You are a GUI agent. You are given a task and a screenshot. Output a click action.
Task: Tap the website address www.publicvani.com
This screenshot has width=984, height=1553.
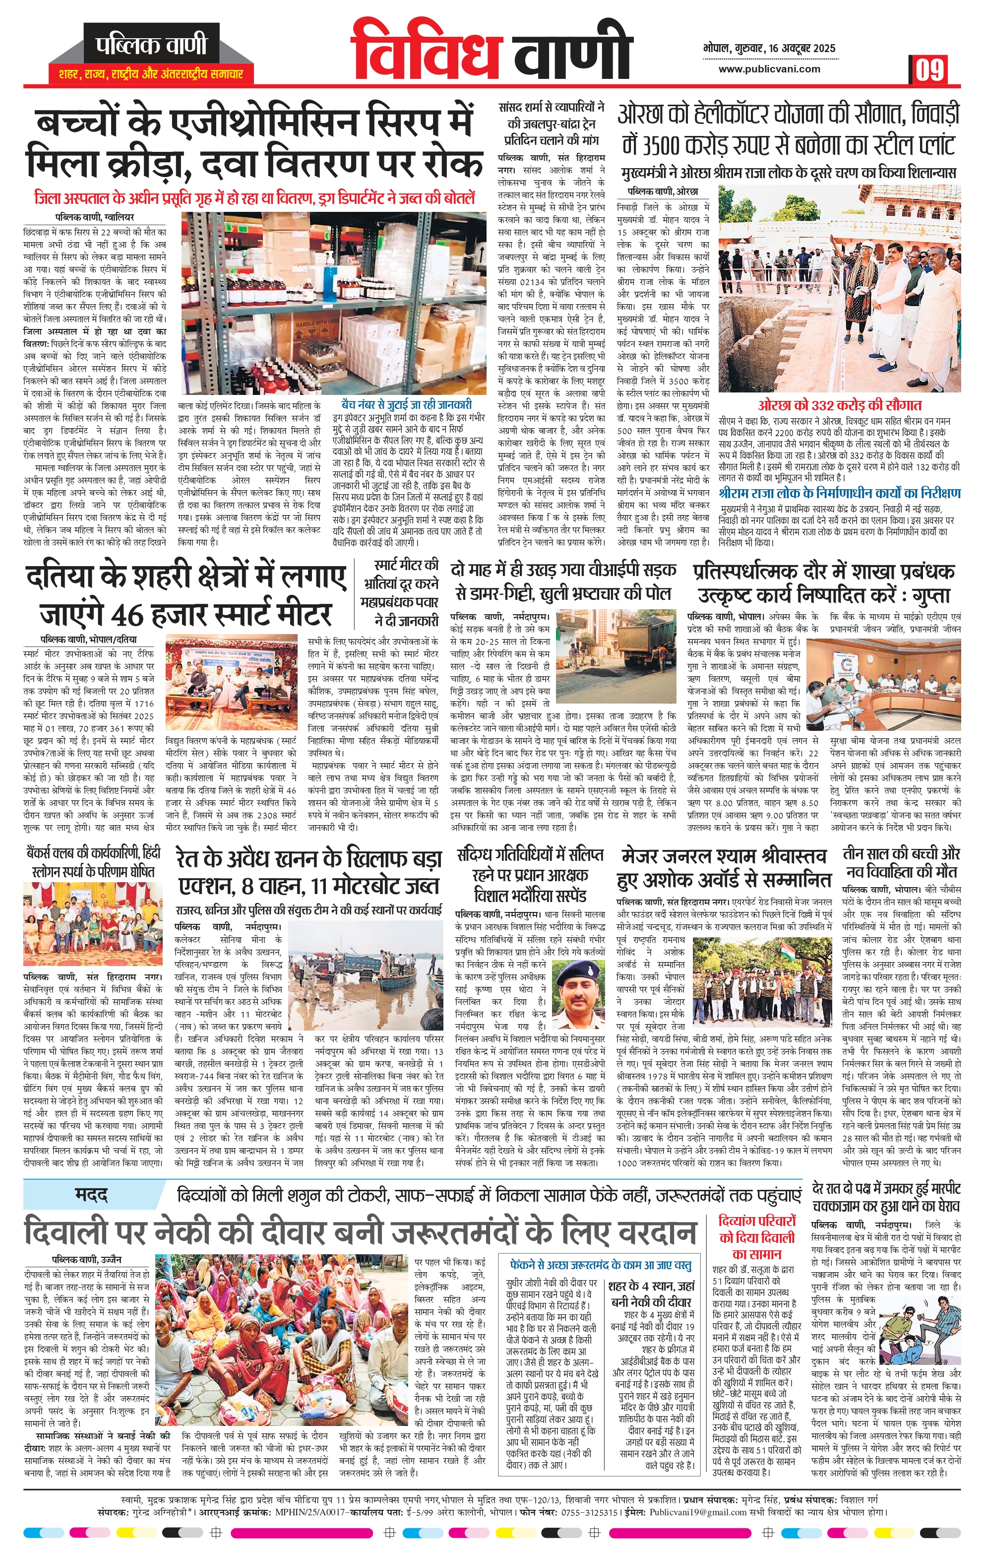tap(769, 69)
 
